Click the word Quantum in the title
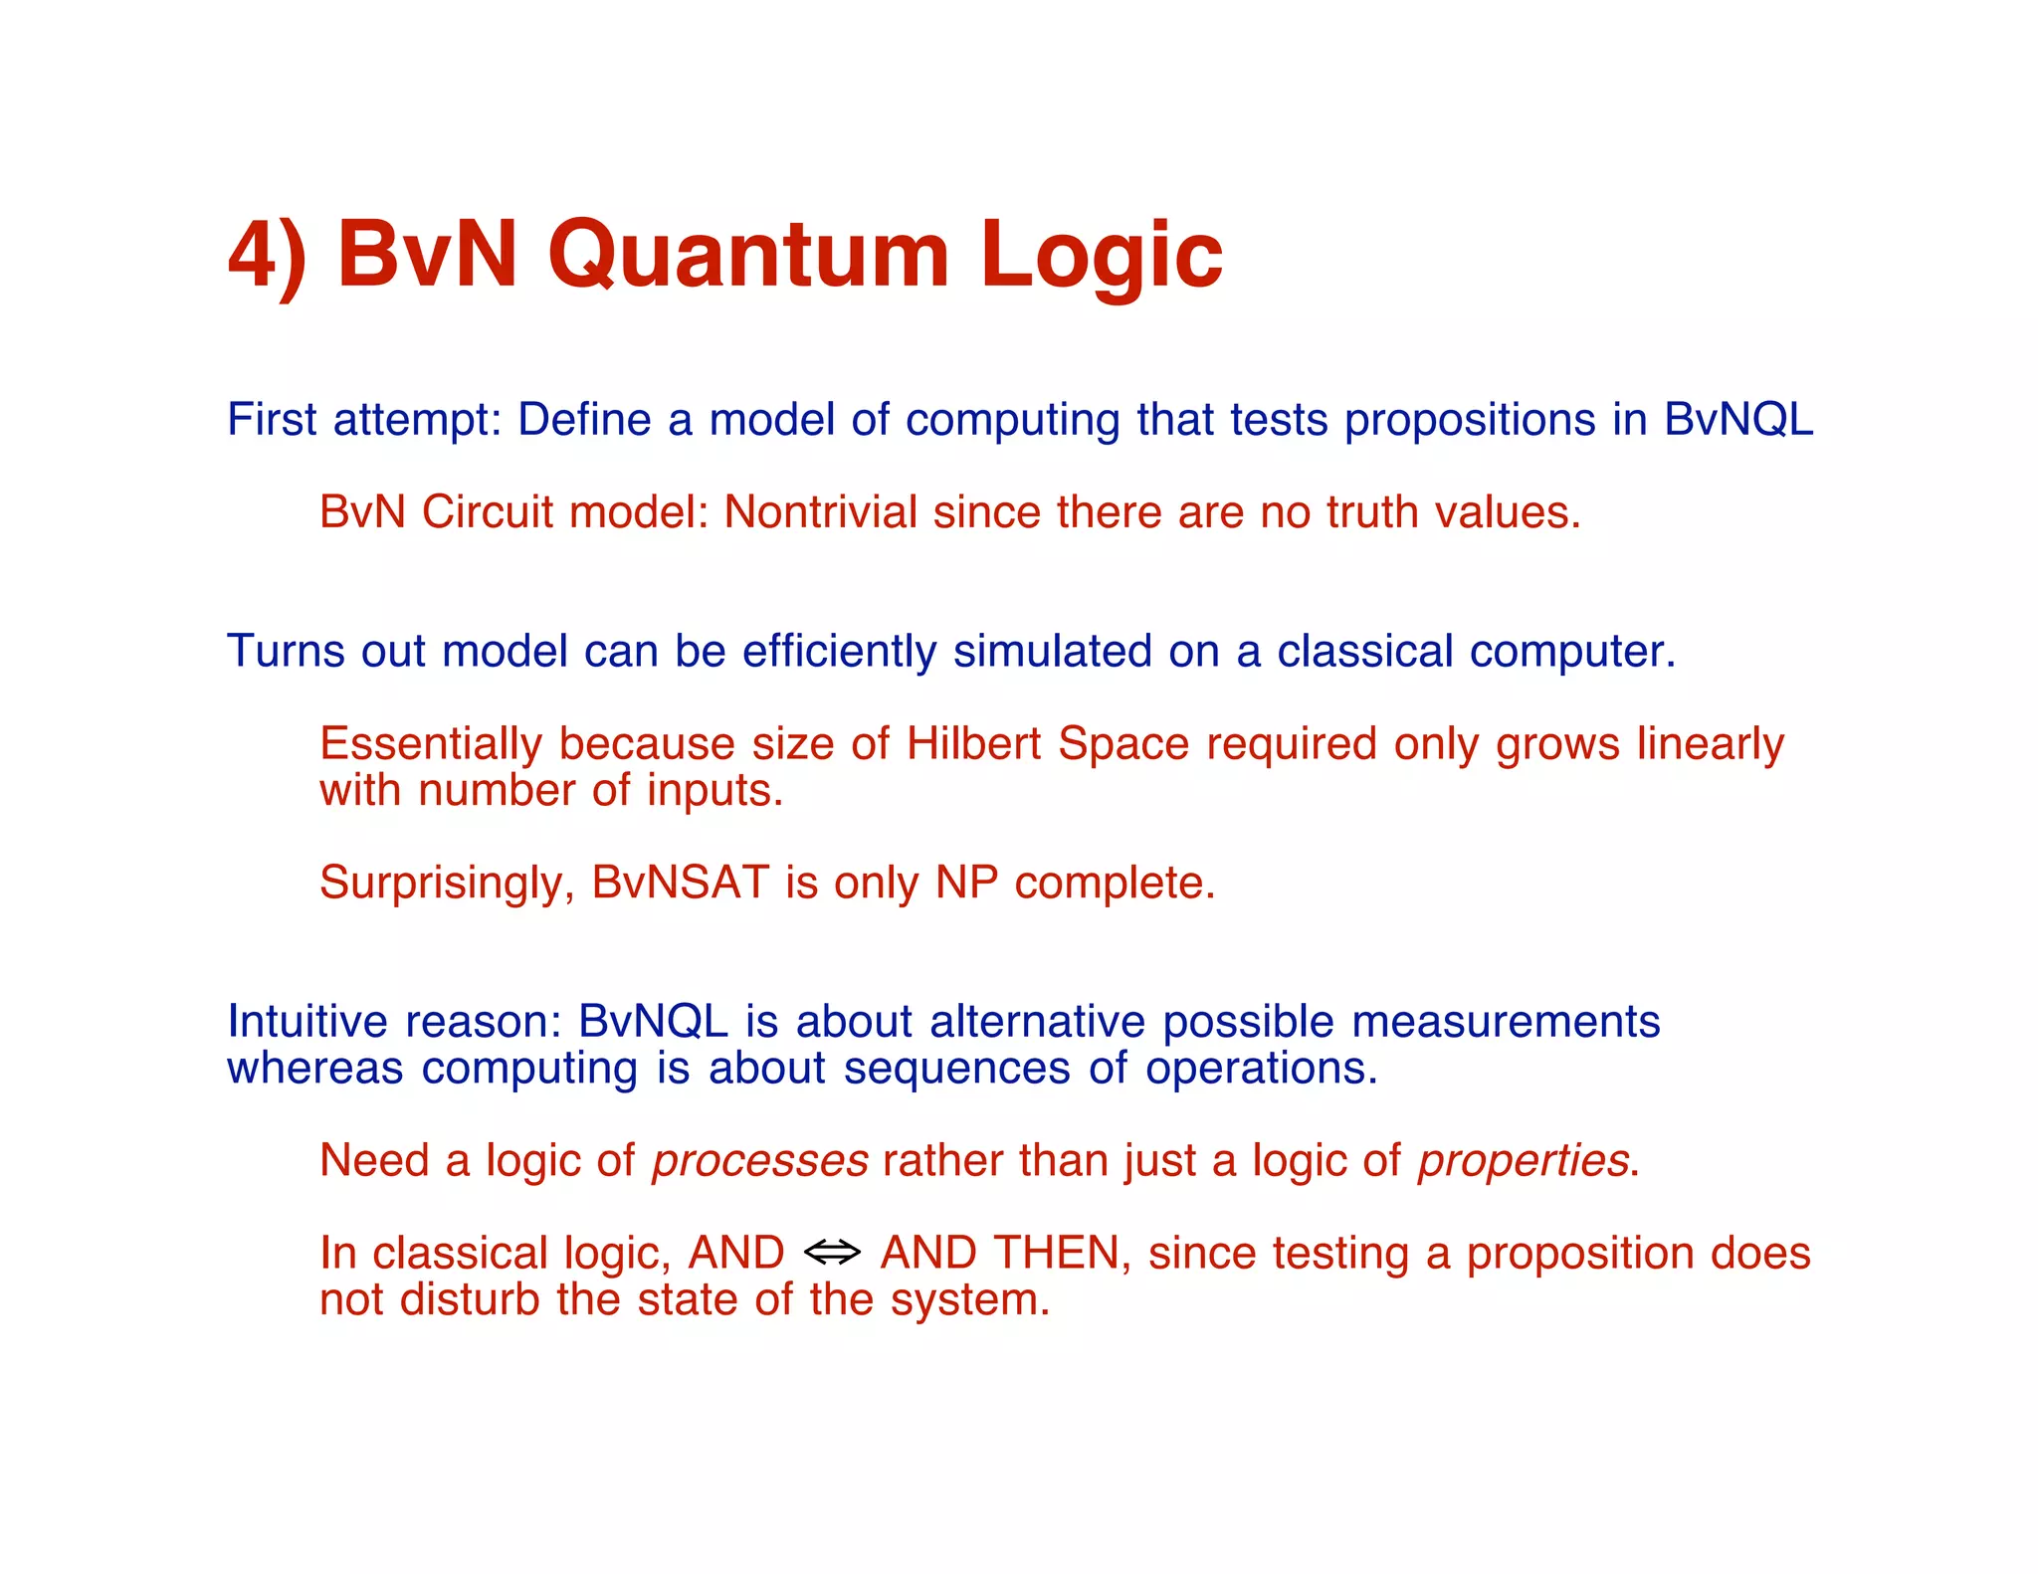(747, 256)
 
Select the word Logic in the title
(1101, 256)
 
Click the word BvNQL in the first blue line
(1738, 419)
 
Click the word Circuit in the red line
(487, 512)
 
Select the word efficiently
(839, 652)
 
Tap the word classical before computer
(1365, 652)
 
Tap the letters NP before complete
(966, 883)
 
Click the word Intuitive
(306, 1022)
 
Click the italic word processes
(760, 1161)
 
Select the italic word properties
(1524, 1161)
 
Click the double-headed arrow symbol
(832, 1253)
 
